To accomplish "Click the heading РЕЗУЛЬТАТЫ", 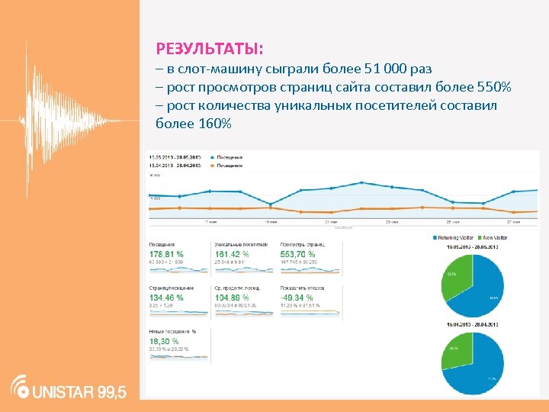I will (x=209, y=50).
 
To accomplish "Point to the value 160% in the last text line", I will (x=214, y=124).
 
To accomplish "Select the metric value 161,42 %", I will (x=232, y=254).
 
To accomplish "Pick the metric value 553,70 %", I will (x=298, y=254).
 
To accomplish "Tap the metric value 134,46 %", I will (x=166, y=297).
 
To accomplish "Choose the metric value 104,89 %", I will (x=232, y=297).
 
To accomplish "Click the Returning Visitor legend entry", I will (x=457, y=238).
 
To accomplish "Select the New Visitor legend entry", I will (x=495, y=238).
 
